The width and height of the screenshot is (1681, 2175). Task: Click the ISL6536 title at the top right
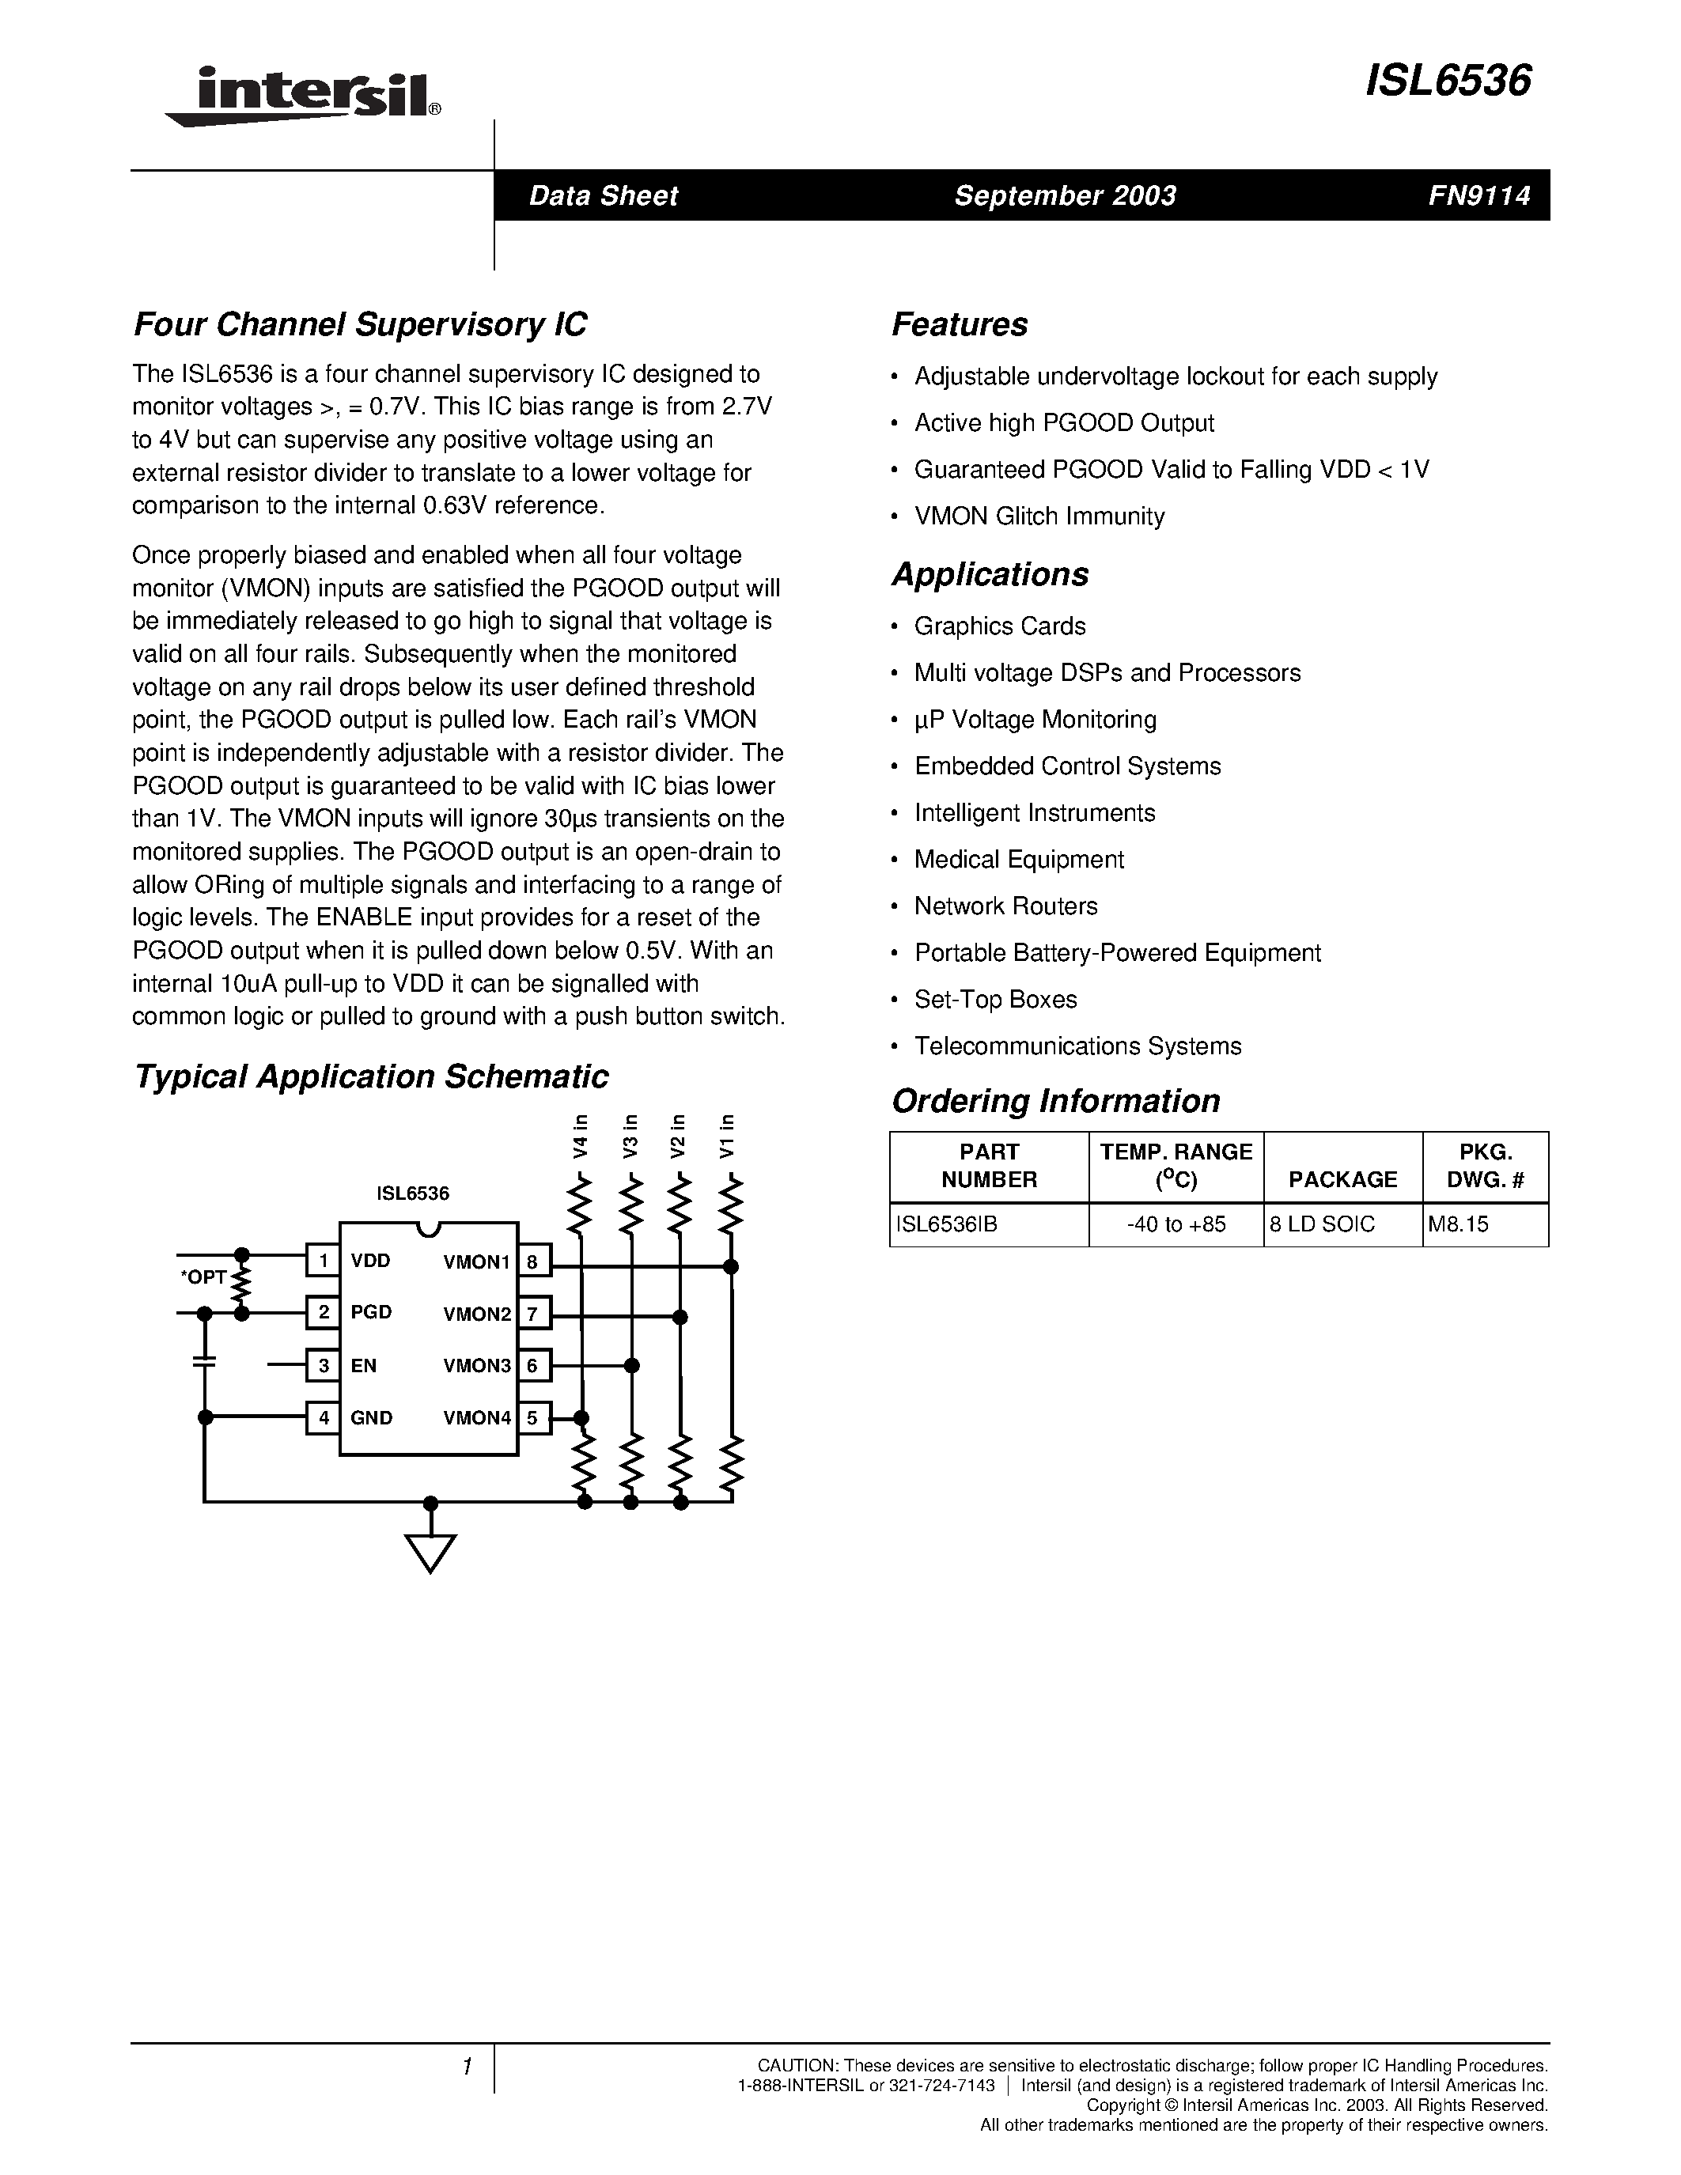tap(1447, 81)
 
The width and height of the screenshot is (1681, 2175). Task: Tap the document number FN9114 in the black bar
tap(1478, 195)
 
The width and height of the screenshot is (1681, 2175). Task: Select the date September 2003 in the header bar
tap(1065, 195)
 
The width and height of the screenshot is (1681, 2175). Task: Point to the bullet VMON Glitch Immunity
tap(1039, 516)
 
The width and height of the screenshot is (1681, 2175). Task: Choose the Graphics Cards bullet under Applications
tap(999, 626)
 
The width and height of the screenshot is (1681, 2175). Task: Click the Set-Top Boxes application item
tap(995, 999)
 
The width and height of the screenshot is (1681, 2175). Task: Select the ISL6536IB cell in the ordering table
tap(946, 1224)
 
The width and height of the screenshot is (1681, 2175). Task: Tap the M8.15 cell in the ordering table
tap(1458, 1224)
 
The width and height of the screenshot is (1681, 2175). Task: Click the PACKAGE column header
tap(1342, 1179)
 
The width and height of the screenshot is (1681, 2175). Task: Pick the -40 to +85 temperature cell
tap(1176, 1224)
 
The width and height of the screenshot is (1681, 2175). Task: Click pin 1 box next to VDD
tap(323, 1261)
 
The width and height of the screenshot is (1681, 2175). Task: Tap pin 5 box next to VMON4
tap(533, 1417)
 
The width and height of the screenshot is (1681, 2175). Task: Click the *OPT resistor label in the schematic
tap(204, 1277)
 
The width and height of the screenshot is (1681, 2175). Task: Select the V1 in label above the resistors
tap(727, 1135)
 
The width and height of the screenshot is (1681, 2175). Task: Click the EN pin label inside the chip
tap(363, 1365)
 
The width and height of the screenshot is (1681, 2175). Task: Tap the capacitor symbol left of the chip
tap(204, 1361)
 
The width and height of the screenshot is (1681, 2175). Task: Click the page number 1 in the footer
tap(466, 2067)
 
